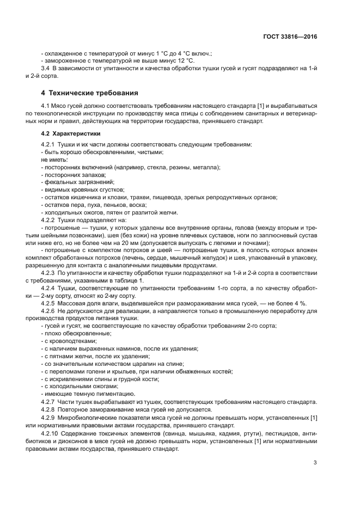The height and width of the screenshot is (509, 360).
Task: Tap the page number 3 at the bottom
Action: pos(315,463)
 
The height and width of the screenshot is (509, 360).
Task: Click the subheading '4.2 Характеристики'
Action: pos(71,133)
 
